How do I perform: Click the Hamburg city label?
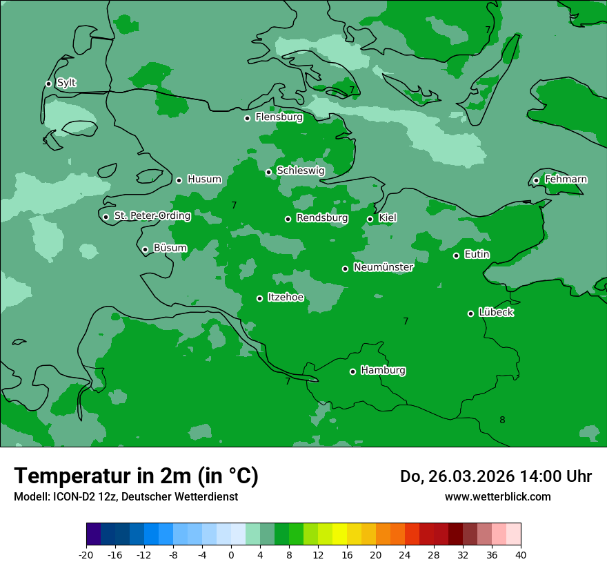(x=383, y=371)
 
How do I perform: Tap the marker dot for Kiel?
(x=370, y=219)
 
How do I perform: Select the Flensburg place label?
(x=279, y=117)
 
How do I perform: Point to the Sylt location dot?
(x=48, y=84)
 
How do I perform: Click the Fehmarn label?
(x=566, y=179)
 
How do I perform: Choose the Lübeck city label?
(x=496, y=313)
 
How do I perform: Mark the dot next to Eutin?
(x=456, y=255)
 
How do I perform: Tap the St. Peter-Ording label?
(x=152, y=216)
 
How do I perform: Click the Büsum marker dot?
(x=145, y=249)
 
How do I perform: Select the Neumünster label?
(x=384, y=267)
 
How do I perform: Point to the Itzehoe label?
(x=286, y=298)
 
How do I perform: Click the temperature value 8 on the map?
(x=502, y=420)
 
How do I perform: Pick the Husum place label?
(x=204, y=179)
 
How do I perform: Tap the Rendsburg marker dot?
(x=288, y=219)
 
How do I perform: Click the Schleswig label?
(x=300, y=171)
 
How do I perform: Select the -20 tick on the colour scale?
(x=86, y=555)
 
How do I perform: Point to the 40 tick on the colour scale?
(x=520, y=555)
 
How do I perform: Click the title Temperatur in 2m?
(x=136, y=476)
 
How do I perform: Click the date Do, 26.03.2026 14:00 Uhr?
(x=495, y=476)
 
